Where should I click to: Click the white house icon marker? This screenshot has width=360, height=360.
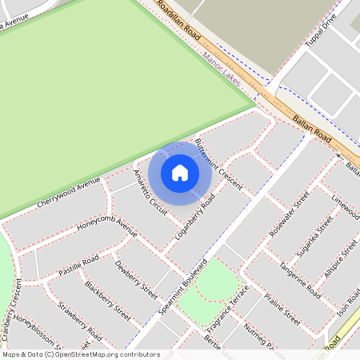pos(180,172)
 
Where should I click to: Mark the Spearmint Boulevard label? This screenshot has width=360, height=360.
pos(183,286)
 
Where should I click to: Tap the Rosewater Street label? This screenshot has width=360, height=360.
pos(289,214)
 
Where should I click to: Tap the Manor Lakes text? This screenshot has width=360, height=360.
pos(222,63)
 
